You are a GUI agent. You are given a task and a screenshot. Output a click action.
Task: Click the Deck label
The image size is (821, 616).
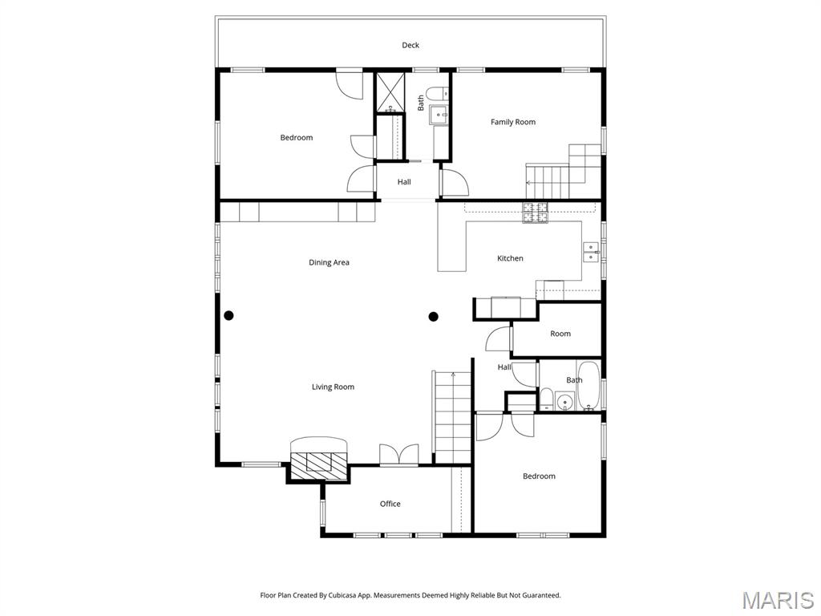pos(410,46)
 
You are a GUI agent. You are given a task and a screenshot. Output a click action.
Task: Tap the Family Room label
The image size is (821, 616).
pos(513,122)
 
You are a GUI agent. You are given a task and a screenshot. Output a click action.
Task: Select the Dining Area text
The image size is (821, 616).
pos(329,262)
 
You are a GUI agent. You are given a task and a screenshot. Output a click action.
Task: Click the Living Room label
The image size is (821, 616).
pos(333,387)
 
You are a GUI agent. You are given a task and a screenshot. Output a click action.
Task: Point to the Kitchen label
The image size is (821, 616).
pos(510,258)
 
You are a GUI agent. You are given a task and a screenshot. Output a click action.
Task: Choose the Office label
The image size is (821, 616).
pos(390,504)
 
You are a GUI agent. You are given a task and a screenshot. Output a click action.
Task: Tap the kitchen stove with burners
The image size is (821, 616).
pos(535,213)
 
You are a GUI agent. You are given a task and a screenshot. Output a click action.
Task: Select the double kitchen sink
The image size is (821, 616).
pos(591,252)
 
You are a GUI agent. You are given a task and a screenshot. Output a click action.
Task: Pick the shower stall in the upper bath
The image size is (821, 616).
pos(391,91)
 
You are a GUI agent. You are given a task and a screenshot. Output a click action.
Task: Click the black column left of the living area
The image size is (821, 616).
pos(229,315)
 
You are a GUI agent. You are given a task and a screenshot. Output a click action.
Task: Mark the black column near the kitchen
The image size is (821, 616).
pos(434,316)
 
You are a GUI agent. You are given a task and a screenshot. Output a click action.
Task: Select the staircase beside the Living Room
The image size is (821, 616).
pos(452,417)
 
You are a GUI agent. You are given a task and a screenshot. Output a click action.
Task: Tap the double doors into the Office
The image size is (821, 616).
pos(398,455)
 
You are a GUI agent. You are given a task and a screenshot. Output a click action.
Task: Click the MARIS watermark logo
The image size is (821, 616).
pos(777,599)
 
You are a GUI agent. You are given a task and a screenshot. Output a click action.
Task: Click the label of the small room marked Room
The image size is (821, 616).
pos(560,334)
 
